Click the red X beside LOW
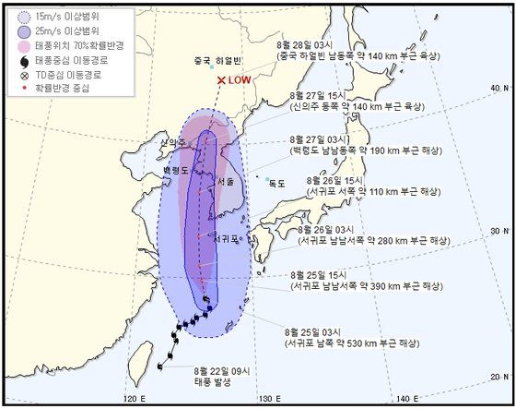[221, 80]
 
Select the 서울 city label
[226, 183]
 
